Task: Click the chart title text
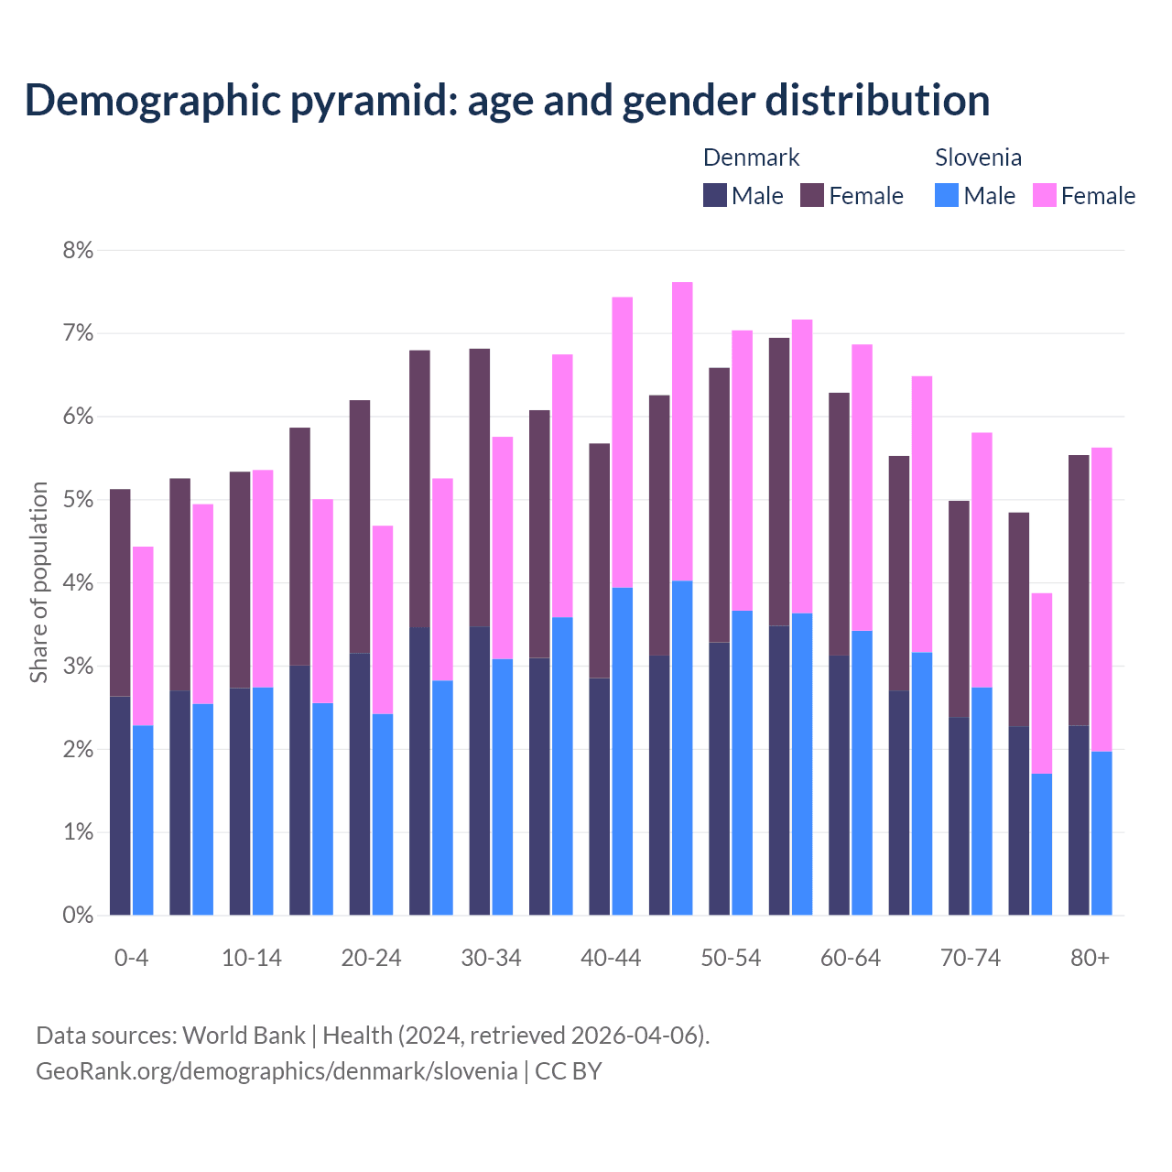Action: coord(507,100)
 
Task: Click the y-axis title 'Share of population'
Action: coord(38,582)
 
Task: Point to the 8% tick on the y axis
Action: coord(78,250)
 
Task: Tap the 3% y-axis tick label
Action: coord(78,667)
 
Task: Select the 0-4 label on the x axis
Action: coord(131,958)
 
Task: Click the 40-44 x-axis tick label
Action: coord(611,958)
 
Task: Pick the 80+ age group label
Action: coord(1090,958)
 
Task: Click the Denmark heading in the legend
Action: coord(751,157)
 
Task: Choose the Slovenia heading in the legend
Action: coord(978,157)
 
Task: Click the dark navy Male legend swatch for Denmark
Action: coord(715,195)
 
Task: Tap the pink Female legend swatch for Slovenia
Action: coord(1044,195)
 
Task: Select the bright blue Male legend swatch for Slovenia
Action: coord(947,195)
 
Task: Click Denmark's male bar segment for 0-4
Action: coord(120,806)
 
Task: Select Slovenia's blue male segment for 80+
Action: coord(1101,833)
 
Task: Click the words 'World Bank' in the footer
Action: coord(244,1036)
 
